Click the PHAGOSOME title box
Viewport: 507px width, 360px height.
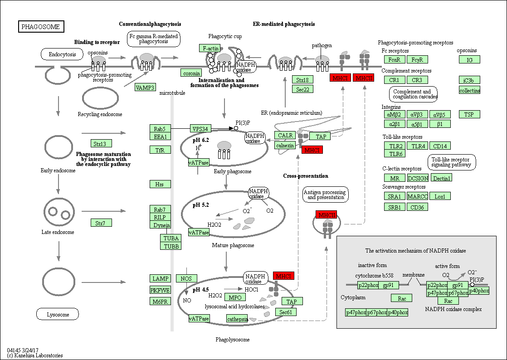point(41,26)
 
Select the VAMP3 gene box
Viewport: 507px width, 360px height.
point(145,87)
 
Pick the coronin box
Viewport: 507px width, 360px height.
point(191,73)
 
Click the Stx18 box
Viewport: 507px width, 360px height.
point(302,79)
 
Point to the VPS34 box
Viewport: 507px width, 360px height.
point(200,128)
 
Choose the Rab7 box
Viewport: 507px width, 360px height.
point(160,209)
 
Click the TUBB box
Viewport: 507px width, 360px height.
point(171,246)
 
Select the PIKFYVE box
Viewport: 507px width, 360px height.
point(160,290)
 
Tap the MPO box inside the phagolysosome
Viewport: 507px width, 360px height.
point(235,297)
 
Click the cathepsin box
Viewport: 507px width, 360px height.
point(237,319)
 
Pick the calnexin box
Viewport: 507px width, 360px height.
point(285,145)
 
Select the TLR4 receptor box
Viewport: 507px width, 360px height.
point(418,146)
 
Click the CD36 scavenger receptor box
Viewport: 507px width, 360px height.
point(417,207)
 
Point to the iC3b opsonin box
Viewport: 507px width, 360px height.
point(469,80)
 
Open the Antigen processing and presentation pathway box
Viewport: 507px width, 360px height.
point(326,195)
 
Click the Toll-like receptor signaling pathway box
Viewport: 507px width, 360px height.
point(451,162)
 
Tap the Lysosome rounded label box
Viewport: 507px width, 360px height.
point(58,314)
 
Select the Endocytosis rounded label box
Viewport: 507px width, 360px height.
point(63,54)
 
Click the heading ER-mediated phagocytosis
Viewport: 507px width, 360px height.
point(284,24)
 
